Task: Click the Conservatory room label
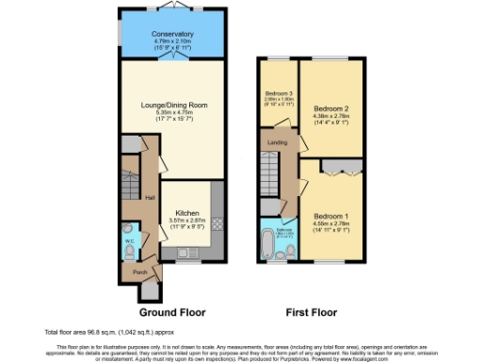point(170,34)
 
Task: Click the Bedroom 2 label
point(330,108)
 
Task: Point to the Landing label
point(279,143)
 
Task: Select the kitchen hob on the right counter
point(217,224)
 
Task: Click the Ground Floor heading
point(172,311)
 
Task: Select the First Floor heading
point(315,311)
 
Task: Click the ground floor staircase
point(130,178)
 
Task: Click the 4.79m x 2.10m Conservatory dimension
point(170,41)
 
